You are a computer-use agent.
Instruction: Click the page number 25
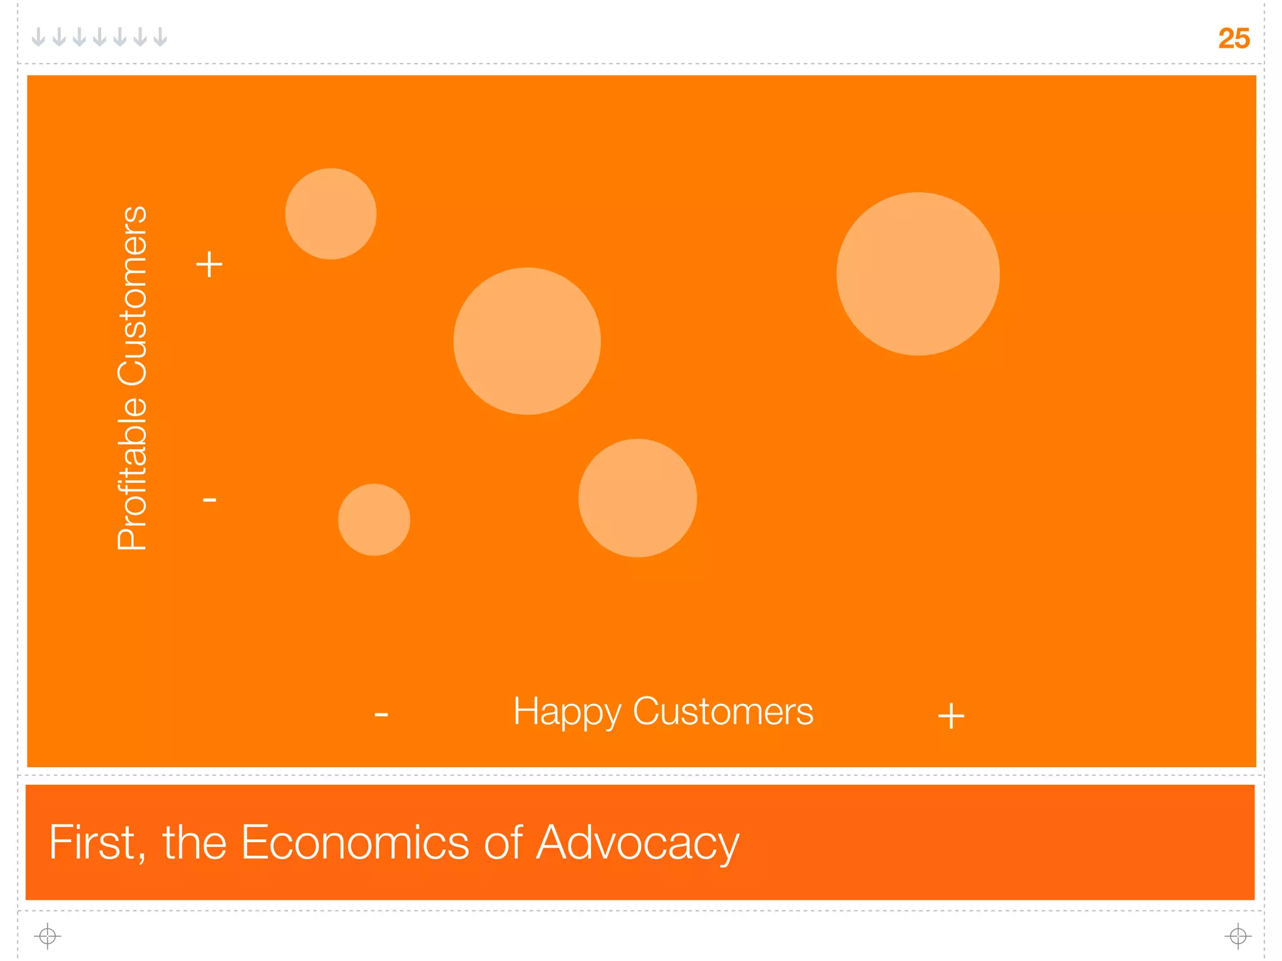tap(1233, 39)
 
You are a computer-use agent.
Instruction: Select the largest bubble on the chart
tap(918, 274)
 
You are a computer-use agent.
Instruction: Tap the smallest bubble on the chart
tap(374, 519)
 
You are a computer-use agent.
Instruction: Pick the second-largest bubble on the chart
tap(527, 341)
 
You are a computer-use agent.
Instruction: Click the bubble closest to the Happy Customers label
tap(637, 498)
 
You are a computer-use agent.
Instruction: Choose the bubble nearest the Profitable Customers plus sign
tap(331, 214)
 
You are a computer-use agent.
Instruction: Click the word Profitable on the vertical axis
tap(132, 472)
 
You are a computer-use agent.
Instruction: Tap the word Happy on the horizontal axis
tap(567, 713)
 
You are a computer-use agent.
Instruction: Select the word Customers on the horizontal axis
tap(723, 711)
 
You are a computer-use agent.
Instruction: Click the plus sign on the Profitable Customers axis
tap(209, 264)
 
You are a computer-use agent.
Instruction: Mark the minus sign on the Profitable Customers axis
tap(210, 500)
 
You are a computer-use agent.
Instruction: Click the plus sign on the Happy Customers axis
tap(951, 716)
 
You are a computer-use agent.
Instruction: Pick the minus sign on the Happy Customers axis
tap(381, 714)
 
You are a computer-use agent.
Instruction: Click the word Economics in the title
tap(356, 842)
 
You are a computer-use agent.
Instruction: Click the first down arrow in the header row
tap(39, 38)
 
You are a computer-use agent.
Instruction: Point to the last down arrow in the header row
tap(161, 38)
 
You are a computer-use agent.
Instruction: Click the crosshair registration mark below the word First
tap(48, 937)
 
